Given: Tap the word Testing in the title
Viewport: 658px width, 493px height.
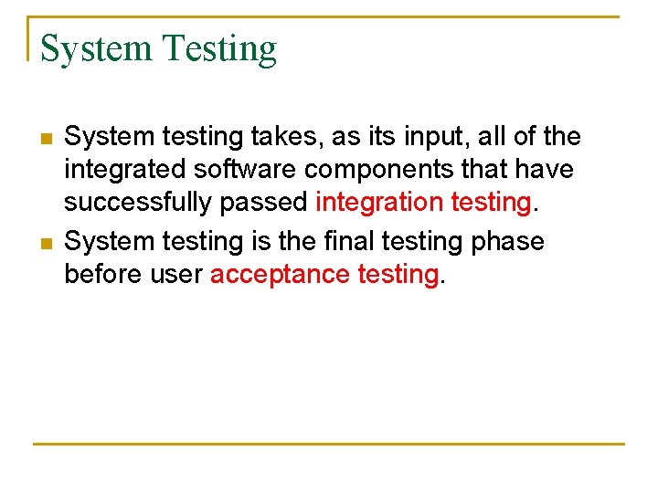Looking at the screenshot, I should click(x=219, y=48).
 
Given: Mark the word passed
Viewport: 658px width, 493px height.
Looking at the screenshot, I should click(x=265, y=203).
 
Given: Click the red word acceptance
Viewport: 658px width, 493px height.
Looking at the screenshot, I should click(x=273, y=275).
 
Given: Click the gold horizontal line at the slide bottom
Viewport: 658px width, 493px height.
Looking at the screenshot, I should click(x=329, y=444).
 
